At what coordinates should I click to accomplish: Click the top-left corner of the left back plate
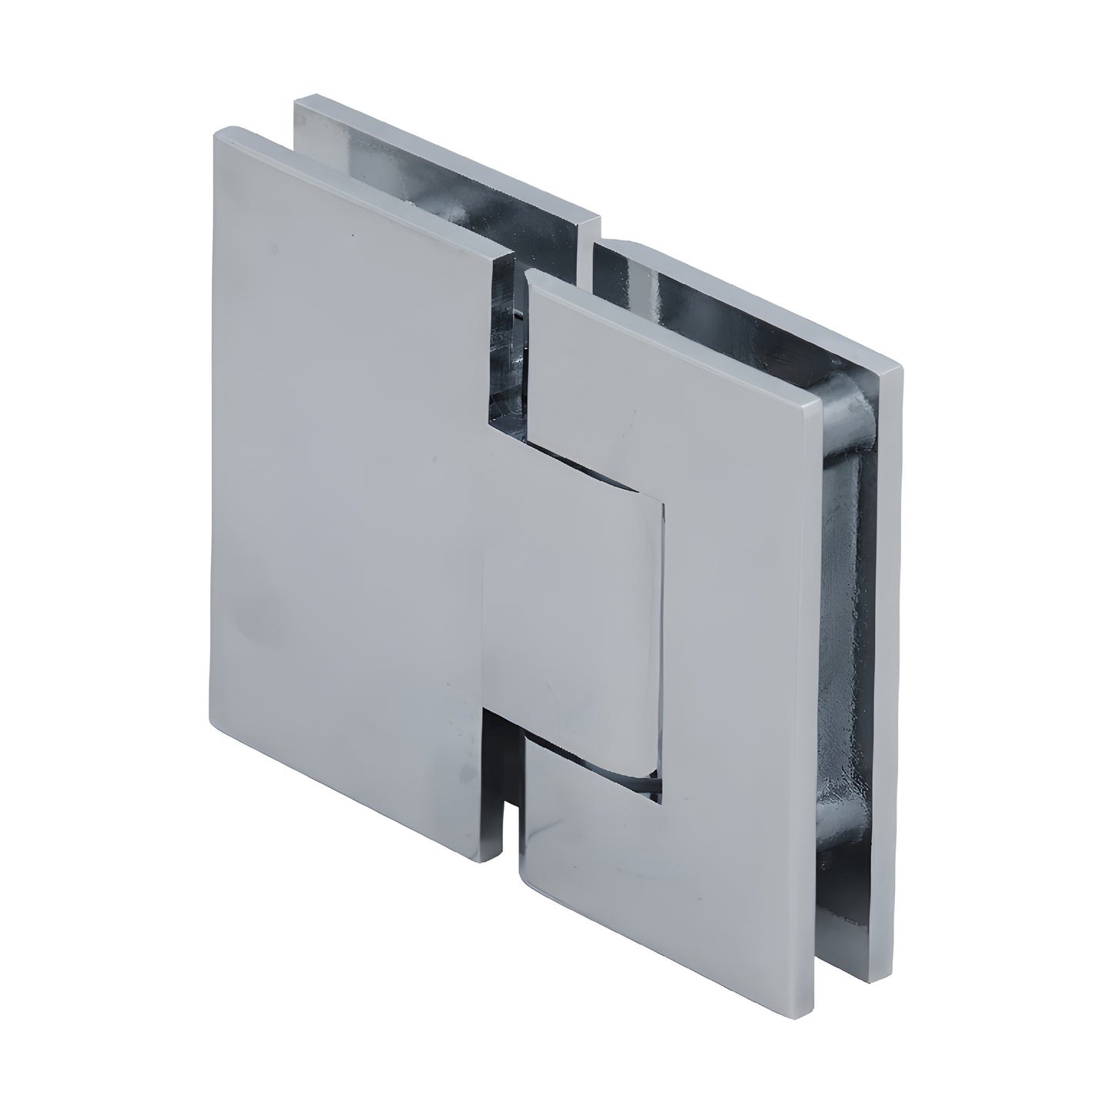pyautogui.click(x=297, y=98)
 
